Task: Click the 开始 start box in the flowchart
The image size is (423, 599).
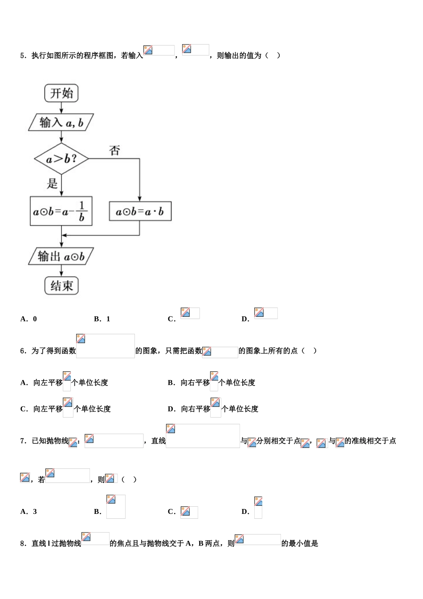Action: (61, 93)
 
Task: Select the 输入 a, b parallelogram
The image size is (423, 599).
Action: (61, 123)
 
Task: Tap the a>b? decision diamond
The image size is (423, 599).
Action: (61, 159)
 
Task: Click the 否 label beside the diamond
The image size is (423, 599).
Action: (114, 151)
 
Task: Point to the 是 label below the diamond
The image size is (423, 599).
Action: (52, 183)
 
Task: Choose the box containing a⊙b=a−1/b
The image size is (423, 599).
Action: (61, 211)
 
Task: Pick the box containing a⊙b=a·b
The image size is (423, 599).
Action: (140, 211)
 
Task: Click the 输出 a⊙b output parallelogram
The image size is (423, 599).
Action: (61, 257)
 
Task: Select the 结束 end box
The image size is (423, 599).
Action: (61, 286)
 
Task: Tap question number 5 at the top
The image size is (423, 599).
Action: (23, 56)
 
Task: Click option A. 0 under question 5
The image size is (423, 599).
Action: (29, 319)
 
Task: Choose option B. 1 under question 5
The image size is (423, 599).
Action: (102, 319)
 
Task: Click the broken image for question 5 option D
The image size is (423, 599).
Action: (265, 313)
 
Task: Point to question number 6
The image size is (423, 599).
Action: (23, 351)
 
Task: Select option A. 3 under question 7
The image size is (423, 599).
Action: (29, 512)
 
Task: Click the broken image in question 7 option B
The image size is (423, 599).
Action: (116, 506)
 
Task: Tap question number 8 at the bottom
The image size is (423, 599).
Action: (23, 544)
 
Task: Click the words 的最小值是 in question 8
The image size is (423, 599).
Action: (300, 544)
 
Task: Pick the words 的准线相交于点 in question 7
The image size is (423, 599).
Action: (370, 441)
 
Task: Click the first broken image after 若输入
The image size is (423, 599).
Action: (159, 50)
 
